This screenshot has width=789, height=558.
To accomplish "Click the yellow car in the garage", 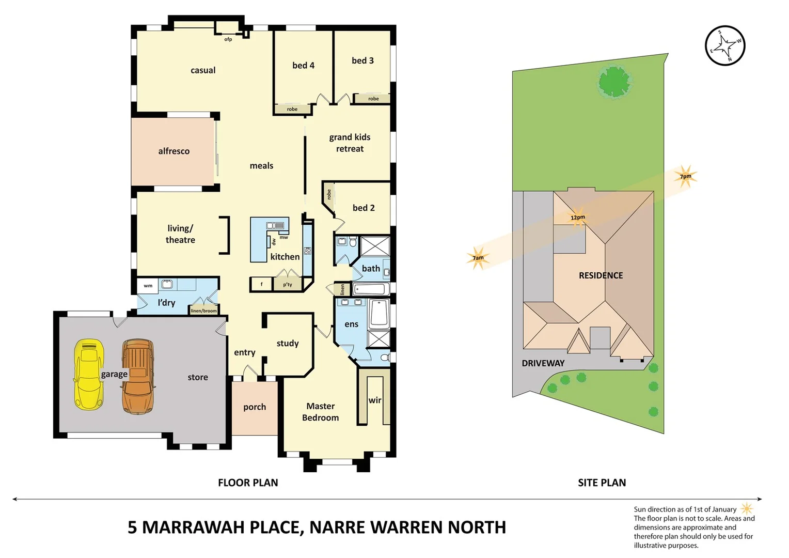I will [89, 375].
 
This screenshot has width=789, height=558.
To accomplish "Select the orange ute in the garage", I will [138, 376].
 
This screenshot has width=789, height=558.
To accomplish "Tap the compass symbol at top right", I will [725, 45].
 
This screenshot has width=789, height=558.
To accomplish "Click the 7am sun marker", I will [478, 257].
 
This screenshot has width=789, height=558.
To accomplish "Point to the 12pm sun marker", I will [578, 218].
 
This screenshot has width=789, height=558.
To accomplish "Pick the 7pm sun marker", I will [685, 176].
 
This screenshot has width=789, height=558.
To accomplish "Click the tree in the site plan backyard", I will [614, 82].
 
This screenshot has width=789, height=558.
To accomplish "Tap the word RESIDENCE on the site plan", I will [601, 275].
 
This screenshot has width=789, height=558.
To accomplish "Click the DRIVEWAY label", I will [543, 363].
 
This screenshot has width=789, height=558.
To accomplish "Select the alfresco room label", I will [173, 151].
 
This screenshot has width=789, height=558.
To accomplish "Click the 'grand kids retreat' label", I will [350, 143].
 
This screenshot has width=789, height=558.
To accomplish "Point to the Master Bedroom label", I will [320, 412].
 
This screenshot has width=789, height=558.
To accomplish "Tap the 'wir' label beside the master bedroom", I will [375, 400].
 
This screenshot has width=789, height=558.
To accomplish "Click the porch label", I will [255, 407].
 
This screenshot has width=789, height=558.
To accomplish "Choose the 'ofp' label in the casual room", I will [228, 39].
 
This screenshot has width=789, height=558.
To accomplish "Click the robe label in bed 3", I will [373, 99].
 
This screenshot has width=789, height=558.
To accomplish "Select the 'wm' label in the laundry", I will [148, 285].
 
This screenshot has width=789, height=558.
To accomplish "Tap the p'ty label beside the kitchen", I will [288, 284].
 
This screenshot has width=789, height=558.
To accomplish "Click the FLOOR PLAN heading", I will [248, 483].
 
